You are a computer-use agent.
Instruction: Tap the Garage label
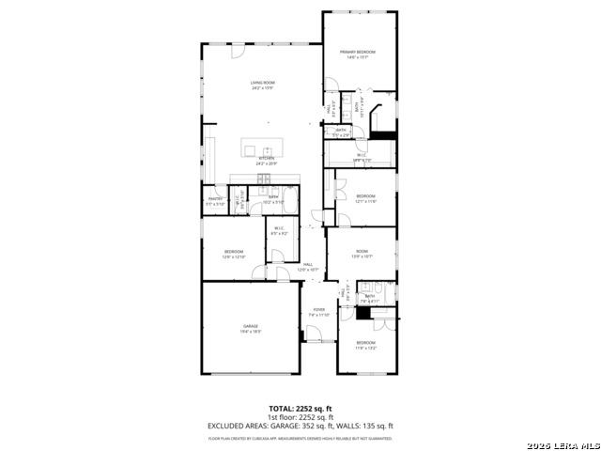(x=251, y=328)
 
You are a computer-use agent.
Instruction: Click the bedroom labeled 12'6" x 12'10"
(x=234, y=254)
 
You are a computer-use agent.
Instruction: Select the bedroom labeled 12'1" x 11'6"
(x=365, y=199)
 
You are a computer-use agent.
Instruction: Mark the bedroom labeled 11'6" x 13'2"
(x=365, y=345)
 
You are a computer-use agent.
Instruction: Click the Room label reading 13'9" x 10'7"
(x=362, y=253)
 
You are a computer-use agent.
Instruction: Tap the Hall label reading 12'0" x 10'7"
(x=308, y=267)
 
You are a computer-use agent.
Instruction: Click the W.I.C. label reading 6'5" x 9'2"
(x=279, y=230)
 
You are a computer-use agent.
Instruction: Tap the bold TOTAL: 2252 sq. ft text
(x=300, y=409)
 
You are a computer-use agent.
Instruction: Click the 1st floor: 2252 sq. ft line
(x=300, y=417)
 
